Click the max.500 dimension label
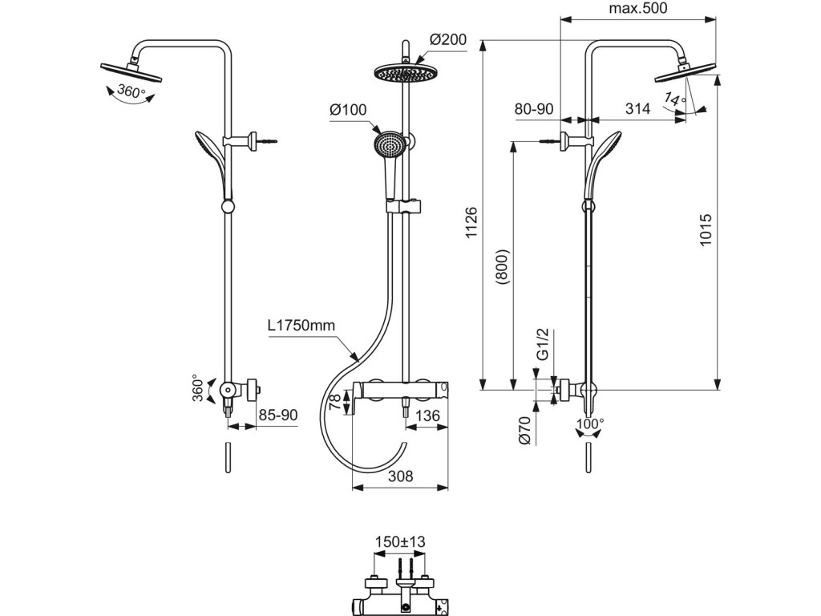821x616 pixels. [637, 8]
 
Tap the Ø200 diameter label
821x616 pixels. [447, 39]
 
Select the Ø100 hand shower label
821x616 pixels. [348, 110]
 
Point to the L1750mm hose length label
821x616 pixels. [301, 326]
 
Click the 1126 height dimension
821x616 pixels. [471, 223]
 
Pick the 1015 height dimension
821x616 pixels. [706, 229]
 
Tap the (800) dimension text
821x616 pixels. [502, 266]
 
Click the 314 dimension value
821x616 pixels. [637, 108]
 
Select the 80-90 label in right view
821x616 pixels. [534, 109]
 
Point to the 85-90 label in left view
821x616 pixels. [278, 415]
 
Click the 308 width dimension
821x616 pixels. [401, 476]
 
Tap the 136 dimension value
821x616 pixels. [428, 415]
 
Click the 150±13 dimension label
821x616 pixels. [400, 541]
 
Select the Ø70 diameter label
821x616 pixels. [525, 431]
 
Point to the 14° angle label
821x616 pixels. [675, 98]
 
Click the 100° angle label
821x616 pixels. [589, 423]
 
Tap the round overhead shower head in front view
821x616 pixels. [406, 73]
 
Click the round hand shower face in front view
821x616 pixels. [388, 143]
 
